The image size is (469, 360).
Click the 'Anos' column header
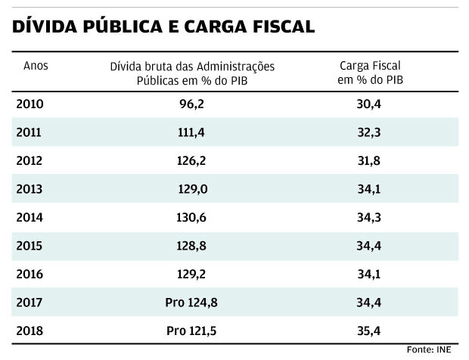point(36,66)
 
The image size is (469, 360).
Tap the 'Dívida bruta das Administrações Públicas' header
point(192,73)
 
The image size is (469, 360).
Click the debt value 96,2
point(192,104)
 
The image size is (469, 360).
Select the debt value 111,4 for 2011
point(192,132)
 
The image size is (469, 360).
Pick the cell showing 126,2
point(192,160)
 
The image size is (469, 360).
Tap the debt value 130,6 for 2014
point(192,217)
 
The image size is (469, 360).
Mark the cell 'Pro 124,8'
point(191,303)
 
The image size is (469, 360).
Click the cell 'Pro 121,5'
point(191,331)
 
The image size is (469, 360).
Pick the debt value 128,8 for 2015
point(192,246)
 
